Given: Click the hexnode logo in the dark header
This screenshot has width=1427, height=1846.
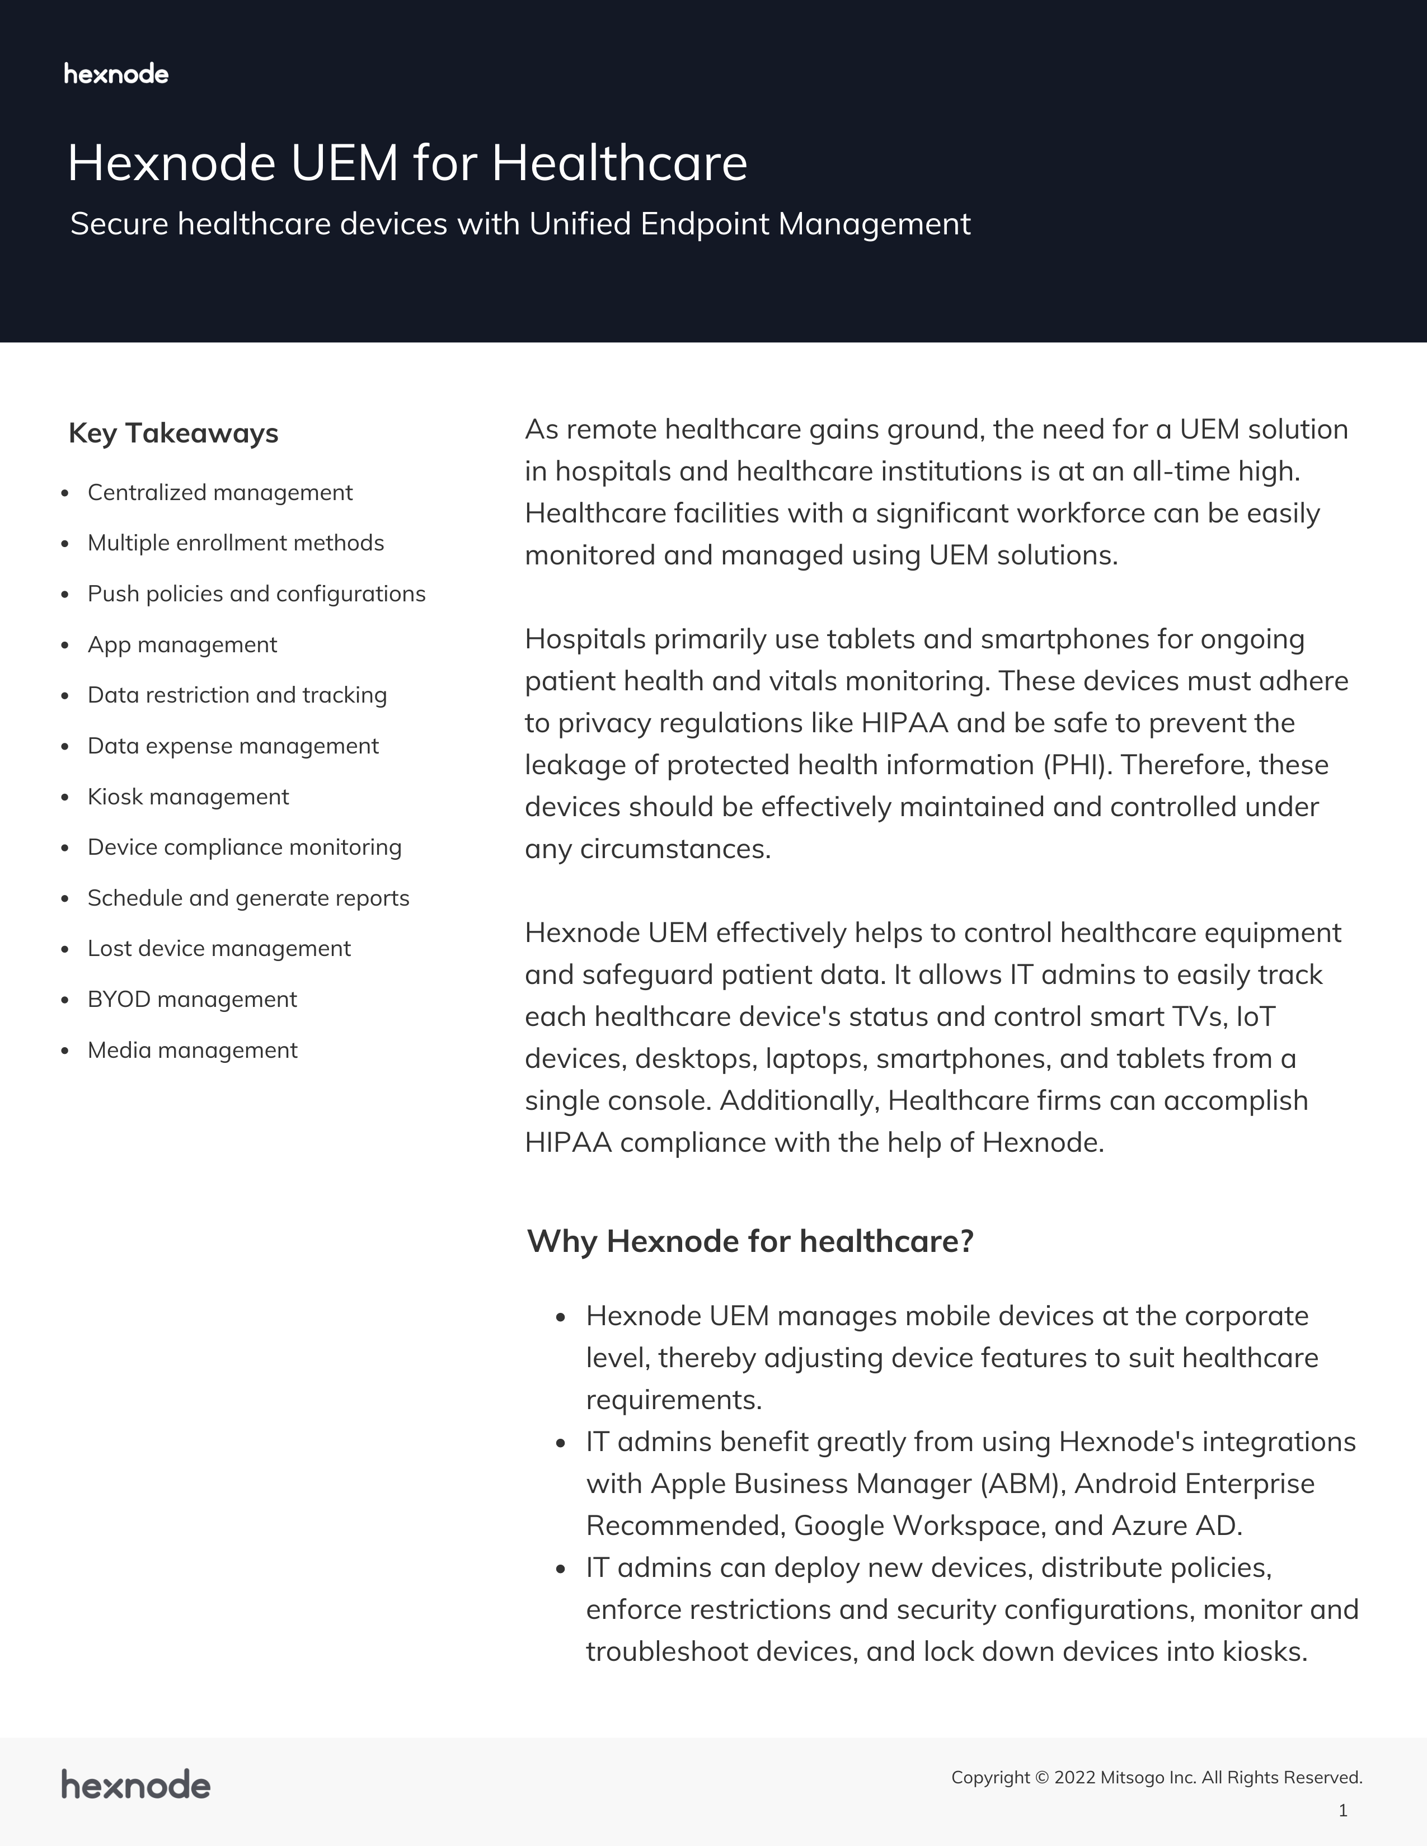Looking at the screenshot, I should pos(116,74).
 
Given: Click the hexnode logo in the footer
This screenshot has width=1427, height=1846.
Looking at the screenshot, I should pos(135,1785).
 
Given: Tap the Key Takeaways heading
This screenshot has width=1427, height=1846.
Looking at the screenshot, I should pos(173,433).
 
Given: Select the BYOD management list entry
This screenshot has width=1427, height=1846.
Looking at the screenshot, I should pos(192,999).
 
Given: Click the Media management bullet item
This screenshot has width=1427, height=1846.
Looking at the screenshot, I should pos(192,1050).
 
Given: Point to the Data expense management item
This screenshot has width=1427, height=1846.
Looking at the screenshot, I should pos(232,746).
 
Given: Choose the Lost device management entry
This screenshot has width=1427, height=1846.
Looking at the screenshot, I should pos(219,948).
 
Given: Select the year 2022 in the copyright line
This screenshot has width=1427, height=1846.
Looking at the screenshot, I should pos(1074,1778).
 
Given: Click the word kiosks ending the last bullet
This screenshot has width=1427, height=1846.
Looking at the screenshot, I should pos(1263,1651).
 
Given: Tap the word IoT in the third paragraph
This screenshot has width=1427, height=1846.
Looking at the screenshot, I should pos(1255,1017).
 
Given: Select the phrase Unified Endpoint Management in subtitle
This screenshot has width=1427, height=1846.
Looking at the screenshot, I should pos(750,224).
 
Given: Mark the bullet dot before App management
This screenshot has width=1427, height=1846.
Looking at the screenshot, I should pos(65,646).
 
